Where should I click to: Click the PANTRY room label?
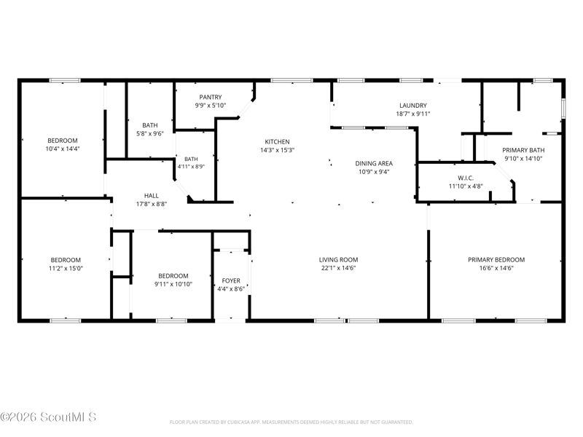click(211, 98)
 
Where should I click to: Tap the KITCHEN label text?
click(277, 142)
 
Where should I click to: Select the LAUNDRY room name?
click(412, 106)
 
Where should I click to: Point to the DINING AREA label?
click(374, 163)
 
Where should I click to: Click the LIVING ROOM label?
click(338, 260)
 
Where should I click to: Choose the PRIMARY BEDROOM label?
click(496, 260)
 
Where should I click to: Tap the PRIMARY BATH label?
click(523, 150)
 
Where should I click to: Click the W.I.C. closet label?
click(466, 178)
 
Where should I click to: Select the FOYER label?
click(231, 281)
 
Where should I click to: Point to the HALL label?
click(152, 196)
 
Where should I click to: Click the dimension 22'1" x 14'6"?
click(338, 268)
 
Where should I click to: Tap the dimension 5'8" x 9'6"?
click(150, 134)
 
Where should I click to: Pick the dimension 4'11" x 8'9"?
click(191, 167)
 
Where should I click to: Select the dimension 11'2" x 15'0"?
click(66, 268)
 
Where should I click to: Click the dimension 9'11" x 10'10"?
click(173, 284)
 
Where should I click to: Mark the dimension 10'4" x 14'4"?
click(63, 149)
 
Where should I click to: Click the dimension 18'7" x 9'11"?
click(412, 114)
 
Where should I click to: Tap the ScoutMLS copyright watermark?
click(48, 417)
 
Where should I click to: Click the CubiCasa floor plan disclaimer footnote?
click(291, 422)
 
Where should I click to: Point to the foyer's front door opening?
click(231, 320)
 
